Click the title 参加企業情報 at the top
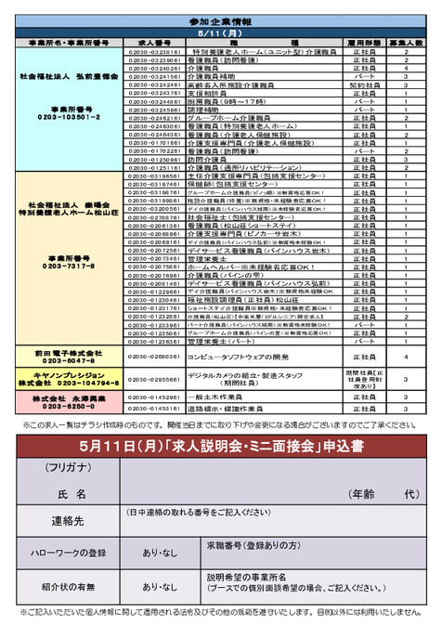pos(221,20)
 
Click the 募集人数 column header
pos(406,43)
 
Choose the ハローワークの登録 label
pos(69,553)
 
